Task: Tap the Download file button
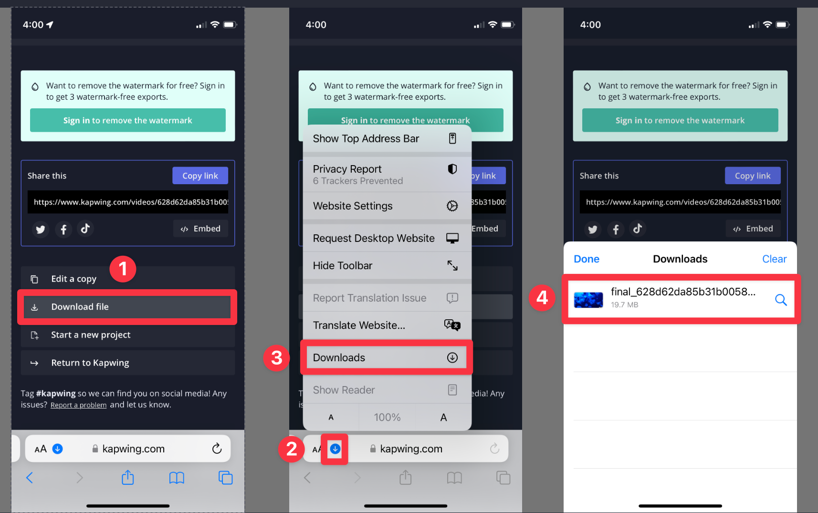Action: click(127, 307)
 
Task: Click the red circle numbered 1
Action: click(123, 269)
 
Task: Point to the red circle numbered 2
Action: click(292, 449)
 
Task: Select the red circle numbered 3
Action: click(276, 358)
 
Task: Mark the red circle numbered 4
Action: click(542, 298)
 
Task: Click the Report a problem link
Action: click(79, 405)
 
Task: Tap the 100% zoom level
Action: click(387, 418)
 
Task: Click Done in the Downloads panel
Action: click(587, 259)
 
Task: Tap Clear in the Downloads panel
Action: click(774, 259)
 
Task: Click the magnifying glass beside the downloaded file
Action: click(781, 300)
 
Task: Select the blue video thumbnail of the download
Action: click(588, 300)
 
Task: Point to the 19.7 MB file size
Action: click(624, 305)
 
